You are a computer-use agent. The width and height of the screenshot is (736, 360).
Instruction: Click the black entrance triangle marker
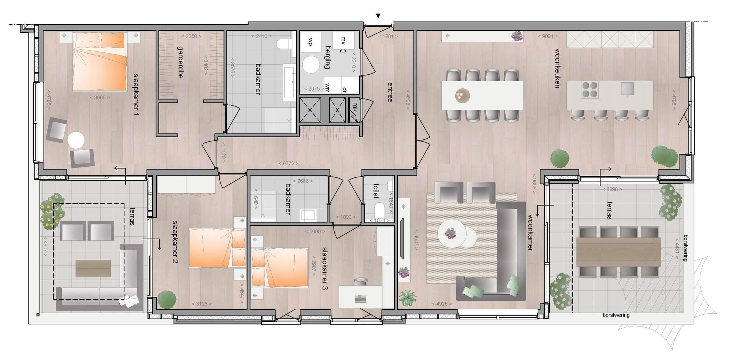(x=378, y=16)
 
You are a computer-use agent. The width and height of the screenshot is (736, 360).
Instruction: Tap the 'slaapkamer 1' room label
(x=136, y=94)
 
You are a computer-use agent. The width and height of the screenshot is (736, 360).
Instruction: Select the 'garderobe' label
(x=180, y=62)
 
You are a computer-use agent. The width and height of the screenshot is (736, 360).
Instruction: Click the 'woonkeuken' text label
(x=557, y=68)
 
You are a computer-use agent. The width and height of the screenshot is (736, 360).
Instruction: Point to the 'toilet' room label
(x=376, y=191)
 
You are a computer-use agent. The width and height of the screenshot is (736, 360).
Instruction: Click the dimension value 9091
(x=548, y=36)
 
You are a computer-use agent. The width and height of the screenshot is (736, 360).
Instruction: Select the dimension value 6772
(x=288, y=163)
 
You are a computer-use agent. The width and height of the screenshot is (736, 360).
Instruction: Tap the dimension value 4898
(x=612, y=189)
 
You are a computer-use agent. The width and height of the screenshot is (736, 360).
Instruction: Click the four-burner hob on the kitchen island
(x=589, y=90)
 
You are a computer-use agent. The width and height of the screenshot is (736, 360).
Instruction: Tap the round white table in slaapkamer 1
(x=76, y=140)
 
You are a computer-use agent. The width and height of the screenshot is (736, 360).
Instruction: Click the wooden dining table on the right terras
(x=618, y=252)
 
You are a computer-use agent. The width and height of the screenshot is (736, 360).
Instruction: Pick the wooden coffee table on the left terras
(x=93, y=268)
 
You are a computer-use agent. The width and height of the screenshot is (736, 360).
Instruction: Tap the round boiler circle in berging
(x=311, y=65)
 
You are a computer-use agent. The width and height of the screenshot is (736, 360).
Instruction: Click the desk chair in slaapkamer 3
(x=360, y=281)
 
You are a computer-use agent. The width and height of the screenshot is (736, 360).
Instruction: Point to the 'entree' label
(x=390, y=92)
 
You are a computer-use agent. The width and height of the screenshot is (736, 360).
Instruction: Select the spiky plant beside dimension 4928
(x=408, y=298)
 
